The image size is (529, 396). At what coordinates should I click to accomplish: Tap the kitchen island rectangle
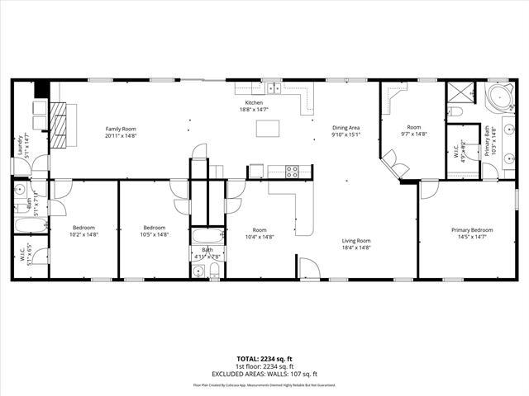pyautogui.click(x=267, y=128)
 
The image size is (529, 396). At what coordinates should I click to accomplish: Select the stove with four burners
pyautogui.click(x=291, y=172)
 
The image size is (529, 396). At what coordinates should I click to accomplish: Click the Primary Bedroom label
pyautogui.click(x=472, y=230)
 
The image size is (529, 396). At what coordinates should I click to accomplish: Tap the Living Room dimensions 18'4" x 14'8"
pyautogui.click(x=356, y=247)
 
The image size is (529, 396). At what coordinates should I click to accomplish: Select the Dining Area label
pyautogui.click(x=346, y=128)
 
